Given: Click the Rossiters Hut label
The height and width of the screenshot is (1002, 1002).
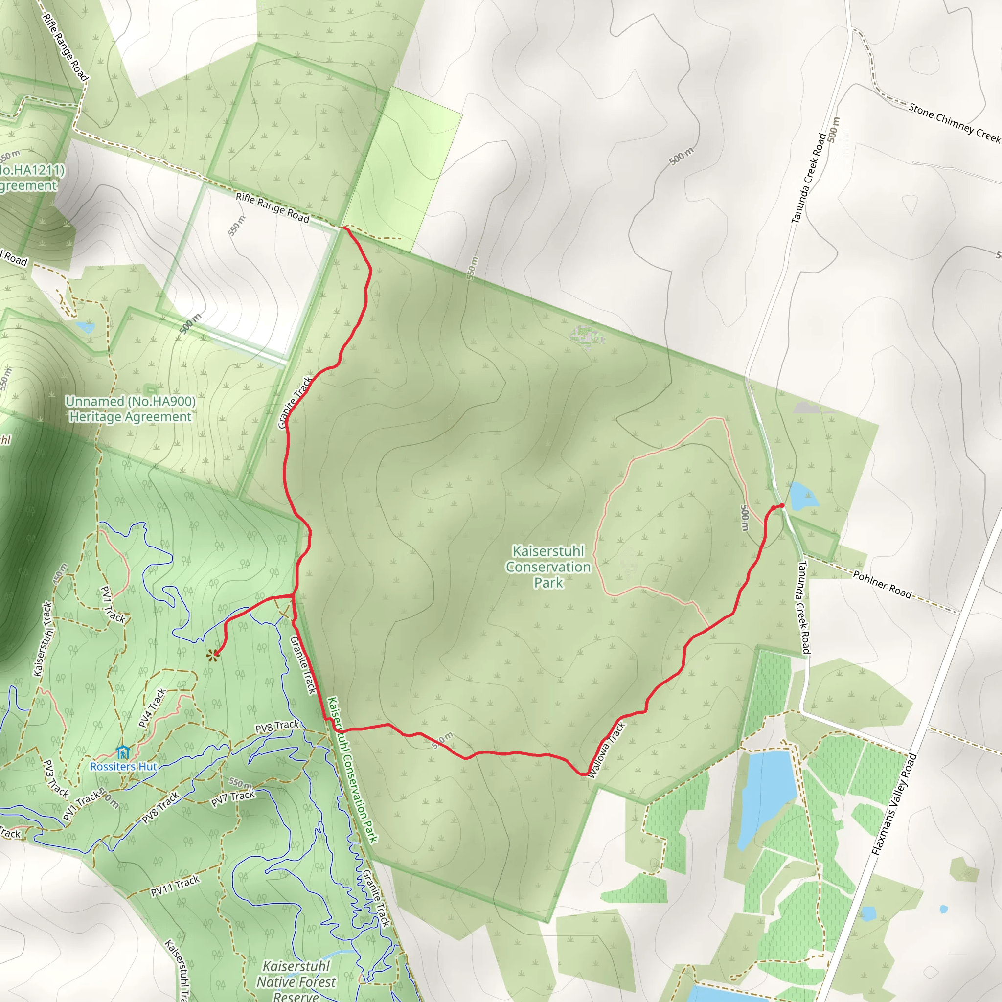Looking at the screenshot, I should coord(123,767).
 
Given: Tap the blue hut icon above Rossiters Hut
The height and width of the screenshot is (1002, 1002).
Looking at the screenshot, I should coord(123,752).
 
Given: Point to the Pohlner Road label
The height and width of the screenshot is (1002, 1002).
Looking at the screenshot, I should coord(882,585).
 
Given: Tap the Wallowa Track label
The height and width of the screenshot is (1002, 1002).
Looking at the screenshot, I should coord(607,750).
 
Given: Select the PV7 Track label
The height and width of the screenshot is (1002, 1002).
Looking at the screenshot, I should coord(233,798).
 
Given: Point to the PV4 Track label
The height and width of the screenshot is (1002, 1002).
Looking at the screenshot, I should coord(152,708).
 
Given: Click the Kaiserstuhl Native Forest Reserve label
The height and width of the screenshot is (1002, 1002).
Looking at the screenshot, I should coord(296,982).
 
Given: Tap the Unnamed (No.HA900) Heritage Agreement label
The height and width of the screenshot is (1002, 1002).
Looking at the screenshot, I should coord(130,409).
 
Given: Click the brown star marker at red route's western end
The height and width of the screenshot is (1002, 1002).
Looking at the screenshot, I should coord(212,656).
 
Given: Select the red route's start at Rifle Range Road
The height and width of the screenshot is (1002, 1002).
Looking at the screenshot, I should coord(344,227).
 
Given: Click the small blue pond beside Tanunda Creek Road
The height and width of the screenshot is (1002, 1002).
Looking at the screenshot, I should coord(802,496).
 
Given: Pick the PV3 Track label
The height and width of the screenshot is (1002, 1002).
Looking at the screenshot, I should coord(55,778).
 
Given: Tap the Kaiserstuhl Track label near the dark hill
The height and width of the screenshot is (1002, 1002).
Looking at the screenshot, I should coord(44,639).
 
